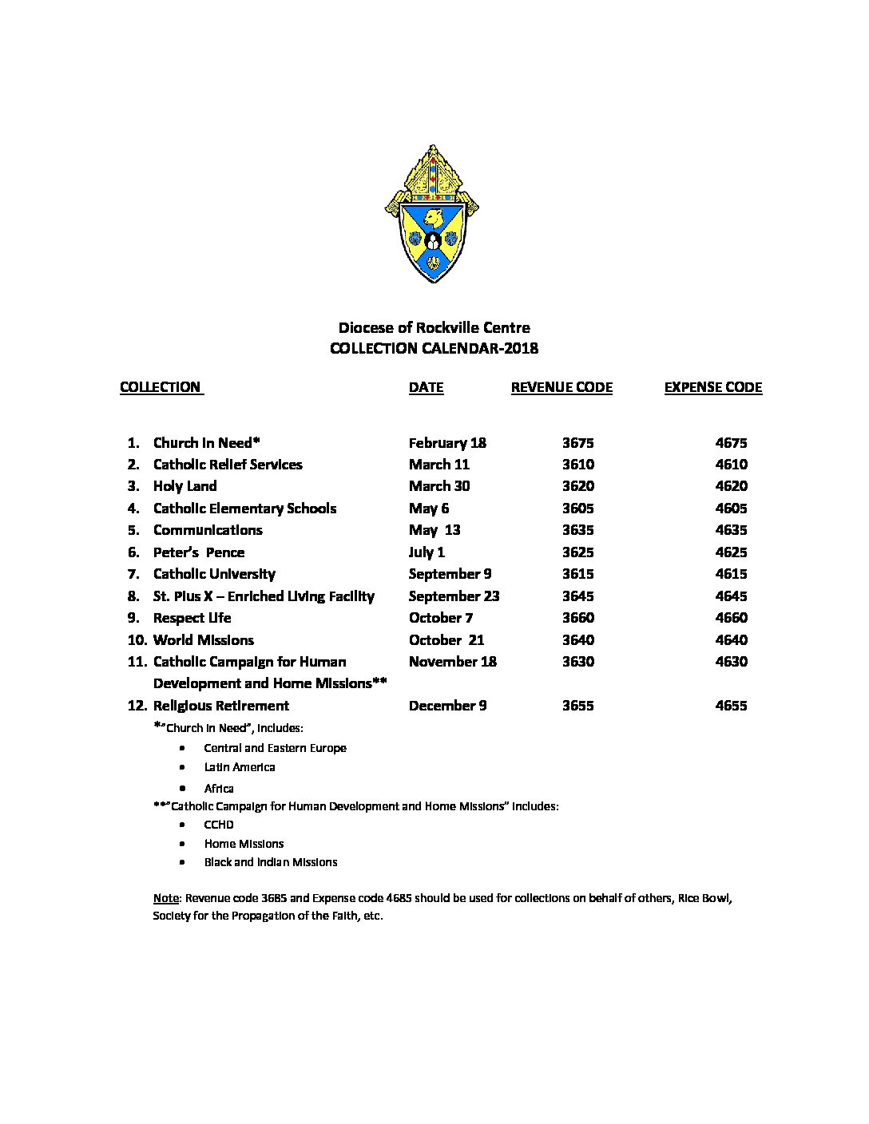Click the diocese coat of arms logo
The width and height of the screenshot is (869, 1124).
tap(432, 214)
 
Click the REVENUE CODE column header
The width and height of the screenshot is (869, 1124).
tap(561, 387)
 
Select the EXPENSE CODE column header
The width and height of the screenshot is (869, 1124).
tap(712, 387)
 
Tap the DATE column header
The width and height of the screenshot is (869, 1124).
tap(426, 387)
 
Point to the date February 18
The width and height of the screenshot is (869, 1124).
tap(447, 443)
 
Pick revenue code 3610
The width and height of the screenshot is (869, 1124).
tap(577, 465)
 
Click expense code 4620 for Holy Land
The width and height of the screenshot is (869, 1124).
tap(731, 486)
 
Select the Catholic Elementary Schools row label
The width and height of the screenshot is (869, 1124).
tap(244, 509)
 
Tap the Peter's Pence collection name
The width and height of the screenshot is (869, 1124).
tap(199, 552)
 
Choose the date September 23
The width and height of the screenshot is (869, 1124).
tap(454, 596)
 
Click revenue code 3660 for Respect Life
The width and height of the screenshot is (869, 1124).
tap(577, 618)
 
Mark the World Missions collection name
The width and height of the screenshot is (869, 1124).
tap(203, 640)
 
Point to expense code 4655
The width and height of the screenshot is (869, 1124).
tap(731, 706)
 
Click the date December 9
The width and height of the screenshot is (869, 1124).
tap(447, 706)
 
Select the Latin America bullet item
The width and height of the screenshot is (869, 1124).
tap(240, 767)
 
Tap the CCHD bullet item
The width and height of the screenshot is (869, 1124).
tap(219, 825)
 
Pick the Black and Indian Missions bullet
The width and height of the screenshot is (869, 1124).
tap(271, 862)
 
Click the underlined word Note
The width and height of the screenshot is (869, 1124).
tap(165, 897)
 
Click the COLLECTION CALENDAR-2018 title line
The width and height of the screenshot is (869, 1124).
tap(434, 348)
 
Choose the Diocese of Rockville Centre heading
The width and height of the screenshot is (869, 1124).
tap(434, 327)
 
